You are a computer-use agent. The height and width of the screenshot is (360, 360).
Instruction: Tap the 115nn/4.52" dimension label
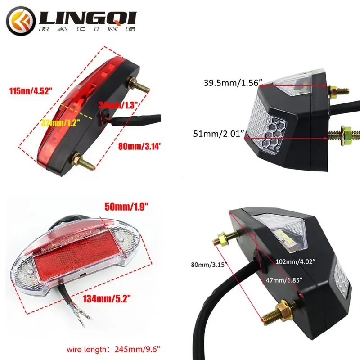tap(30, 91)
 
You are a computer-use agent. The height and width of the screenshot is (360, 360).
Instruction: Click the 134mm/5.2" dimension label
tap(107, 297)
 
